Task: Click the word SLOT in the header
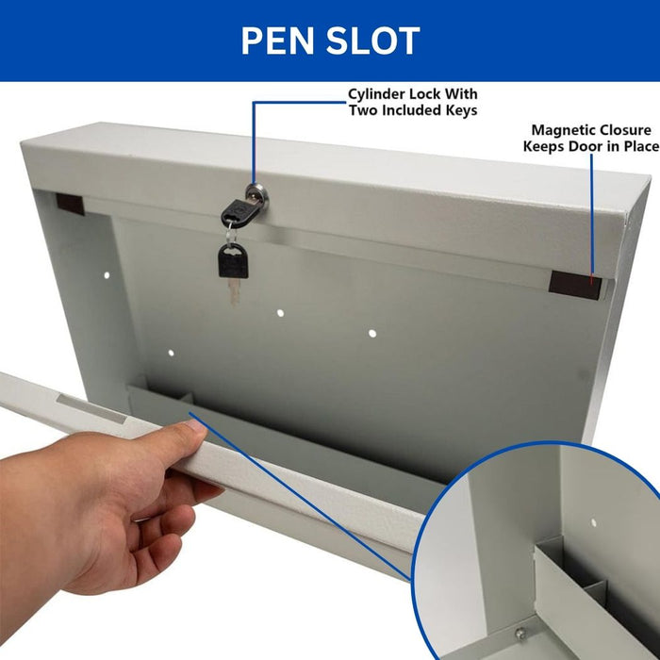(373, 41)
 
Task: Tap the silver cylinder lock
(257, 194)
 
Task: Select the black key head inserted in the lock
(238, 212)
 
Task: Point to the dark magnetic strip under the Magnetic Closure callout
(575, 285)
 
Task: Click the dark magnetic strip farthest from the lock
(575, 285)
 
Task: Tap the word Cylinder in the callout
(377, 94)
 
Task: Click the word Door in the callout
(586, 146)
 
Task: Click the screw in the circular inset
(521, 633)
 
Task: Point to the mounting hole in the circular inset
(593, 522)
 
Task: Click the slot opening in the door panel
(91, 408)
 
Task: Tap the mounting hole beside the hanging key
(280, 313)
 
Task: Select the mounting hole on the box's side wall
(107, 275)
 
